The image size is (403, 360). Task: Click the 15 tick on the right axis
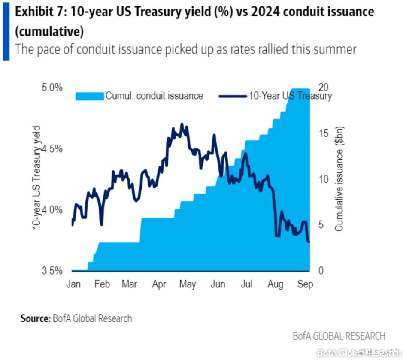point(325,133)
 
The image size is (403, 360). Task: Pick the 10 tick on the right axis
point(325,179)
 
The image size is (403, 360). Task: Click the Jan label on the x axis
point(74,284)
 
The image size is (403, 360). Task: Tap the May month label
point(188,284)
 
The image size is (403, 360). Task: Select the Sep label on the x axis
point(305,284)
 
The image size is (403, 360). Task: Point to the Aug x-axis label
point(275,284)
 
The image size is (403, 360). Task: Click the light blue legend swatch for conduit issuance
point(90,96)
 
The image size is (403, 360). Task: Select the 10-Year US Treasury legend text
point(290,96)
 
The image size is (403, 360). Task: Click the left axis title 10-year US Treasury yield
point(37,177)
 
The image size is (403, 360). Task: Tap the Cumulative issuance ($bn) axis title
point(339,179)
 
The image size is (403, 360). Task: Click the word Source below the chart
point(35,318)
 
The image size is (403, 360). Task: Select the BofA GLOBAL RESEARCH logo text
point(339,336)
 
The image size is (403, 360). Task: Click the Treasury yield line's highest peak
point(182,124)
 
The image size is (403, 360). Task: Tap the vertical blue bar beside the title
point(6,30)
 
